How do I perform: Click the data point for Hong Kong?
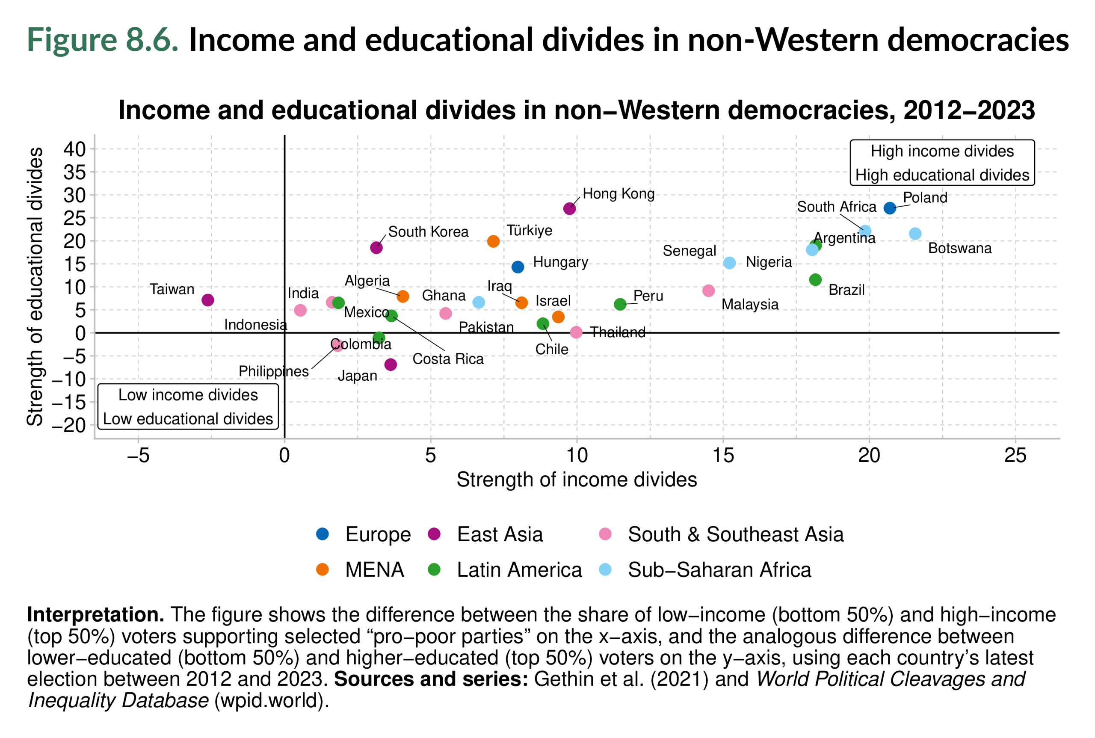[x=569, y=208]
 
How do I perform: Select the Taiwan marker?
[x=207, y=300]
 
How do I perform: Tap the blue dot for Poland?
[x=889, y=208]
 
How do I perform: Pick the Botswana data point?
[x=915, y=234]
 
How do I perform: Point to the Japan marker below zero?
[x=390, y=364]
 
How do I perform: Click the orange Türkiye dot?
[x=493, y=241]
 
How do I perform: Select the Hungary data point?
[x=518, y=267]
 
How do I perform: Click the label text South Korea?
[x=428, y=231]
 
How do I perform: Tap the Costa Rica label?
[x=447, y=359]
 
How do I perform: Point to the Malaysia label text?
[x=750, y=304]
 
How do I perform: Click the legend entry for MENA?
[x=374, y=569]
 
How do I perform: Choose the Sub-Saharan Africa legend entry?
[x=719, y=569]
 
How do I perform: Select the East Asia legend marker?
[x=434, y=534]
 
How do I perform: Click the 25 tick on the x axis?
[x=1015, y=455]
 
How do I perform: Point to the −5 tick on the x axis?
[x=138, y=455]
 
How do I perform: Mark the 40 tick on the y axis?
[x=75, y=149]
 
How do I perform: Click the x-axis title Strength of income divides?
[x=577, y=480]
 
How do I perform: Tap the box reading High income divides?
[x=941, y=163]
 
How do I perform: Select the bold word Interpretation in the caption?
[x=95, y=615]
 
